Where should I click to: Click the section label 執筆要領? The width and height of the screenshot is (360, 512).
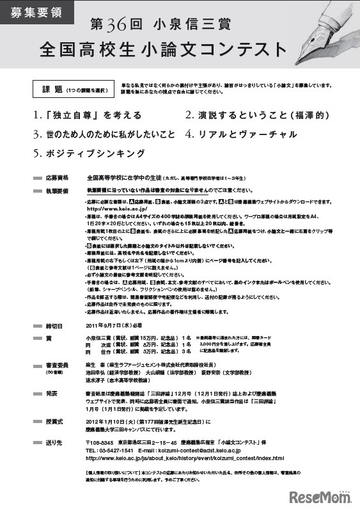pos(57,191)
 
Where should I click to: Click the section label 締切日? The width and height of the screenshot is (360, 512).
pos(55,324)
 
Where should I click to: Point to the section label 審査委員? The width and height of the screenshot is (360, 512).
pos(57,364)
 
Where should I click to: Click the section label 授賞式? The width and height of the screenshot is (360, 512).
pos(55,422)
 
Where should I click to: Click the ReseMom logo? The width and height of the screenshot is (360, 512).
pos(320,496)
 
